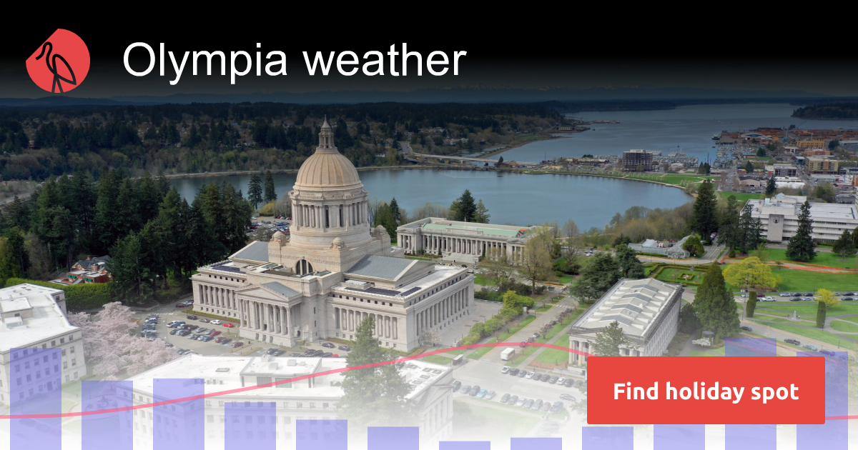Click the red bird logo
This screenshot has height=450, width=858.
tap(58, 61)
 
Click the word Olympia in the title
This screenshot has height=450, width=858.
tap(205, 61)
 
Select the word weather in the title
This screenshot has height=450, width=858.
tap(385, 59)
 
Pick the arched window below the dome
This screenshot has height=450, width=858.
tap(304, 266)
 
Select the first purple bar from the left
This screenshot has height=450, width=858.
tap(36, 399)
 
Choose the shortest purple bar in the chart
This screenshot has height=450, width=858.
tap(465, 446)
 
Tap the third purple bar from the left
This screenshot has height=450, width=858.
tap(179, 414)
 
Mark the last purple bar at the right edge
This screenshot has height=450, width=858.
tap(822, 401)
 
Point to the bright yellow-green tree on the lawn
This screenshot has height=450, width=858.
tap(750, 274)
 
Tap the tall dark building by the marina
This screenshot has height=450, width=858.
tap(637, 160)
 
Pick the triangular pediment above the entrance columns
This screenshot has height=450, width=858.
tap(268, 292)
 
